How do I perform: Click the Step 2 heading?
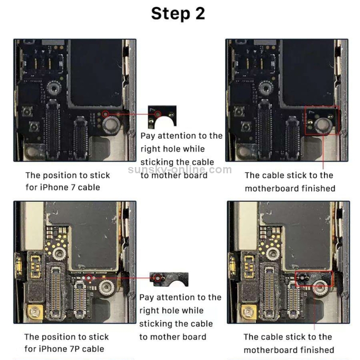point(178,13)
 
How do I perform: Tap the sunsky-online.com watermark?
point(180,169)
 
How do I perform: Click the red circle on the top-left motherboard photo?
point(105,115)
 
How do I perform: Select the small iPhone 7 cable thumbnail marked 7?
point(162,117)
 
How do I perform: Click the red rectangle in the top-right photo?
point(322,120)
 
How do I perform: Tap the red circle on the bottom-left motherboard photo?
point(88,277)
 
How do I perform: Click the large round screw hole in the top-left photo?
point(112,126)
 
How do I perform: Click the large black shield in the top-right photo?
point(307,72)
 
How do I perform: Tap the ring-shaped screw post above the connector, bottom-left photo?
point(60,253)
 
